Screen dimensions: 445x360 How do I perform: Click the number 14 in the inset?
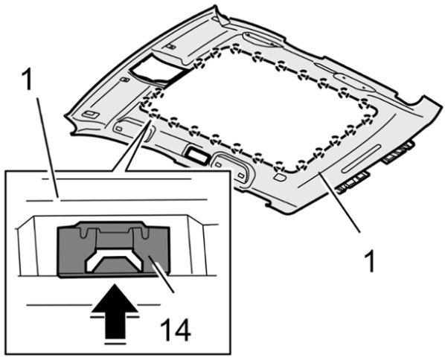point(175,330)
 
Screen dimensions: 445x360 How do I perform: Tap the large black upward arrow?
point(115,311)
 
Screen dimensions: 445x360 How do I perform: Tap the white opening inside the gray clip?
point(114,260)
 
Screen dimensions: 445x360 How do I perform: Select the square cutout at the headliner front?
point(156,69)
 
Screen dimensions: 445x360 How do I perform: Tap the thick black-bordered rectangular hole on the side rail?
point(196,155)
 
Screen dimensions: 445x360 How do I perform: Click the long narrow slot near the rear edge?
point(361,158)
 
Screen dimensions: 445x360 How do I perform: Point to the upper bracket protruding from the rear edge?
point(397,153)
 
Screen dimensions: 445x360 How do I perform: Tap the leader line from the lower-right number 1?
point(339,202)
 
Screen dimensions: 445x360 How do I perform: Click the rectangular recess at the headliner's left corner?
point(91,115)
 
